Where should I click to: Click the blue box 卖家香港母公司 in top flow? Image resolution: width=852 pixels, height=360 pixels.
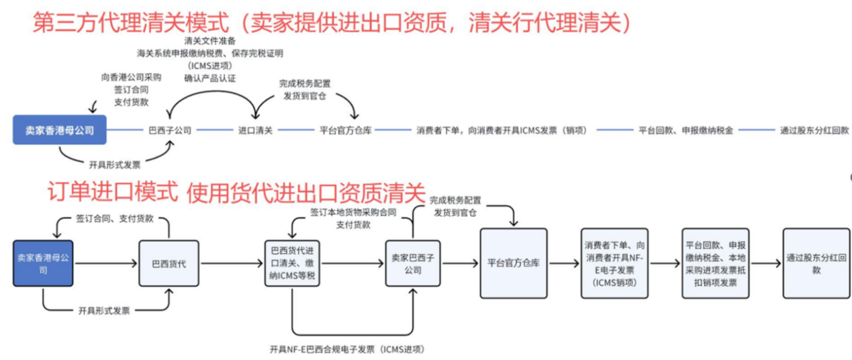[60, 130]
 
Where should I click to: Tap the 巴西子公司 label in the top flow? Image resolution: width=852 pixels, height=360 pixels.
[170, 130]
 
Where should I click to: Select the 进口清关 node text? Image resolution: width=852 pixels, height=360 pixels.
[256, 130]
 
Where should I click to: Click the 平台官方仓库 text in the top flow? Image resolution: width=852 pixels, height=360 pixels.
[345, 130]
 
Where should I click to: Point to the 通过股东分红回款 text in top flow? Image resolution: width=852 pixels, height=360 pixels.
[814, 130]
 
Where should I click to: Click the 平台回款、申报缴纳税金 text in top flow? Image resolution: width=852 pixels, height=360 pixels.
[685, 130]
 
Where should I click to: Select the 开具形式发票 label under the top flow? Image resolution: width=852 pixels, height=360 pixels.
[114, 163]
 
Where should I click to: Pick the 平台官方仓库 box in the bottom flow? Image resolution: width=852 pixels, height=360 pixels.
[512, 263]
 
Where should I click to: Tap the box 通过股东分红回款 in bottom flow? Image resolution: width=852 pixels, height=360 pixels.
[811, 263]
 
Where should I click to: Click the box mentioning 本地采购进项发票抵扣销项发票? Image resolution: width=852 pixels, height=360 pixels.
[710, 263]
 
